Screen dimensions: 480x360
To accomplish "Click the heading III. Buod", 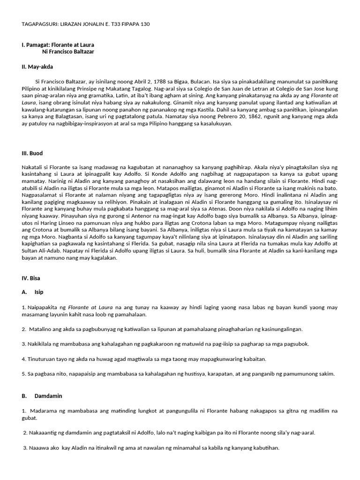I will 32,153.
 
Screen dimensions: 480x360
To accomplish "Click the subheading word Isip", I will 39,292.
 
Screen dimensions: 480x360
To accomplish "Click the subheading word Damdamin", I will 48,396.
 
